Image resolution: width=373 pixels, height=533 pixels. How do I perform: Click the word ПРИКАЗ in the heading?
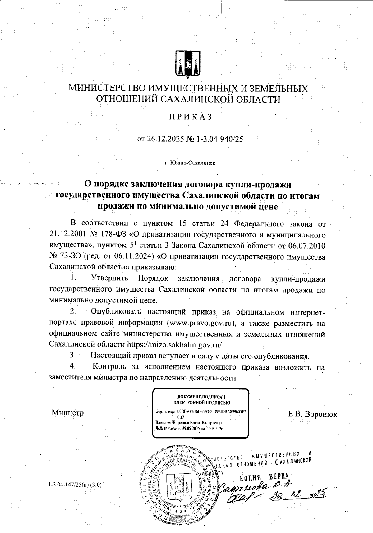click(190, 117)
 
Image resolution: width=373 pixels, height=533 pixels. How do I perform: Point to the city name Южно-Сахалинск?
click(193, 163)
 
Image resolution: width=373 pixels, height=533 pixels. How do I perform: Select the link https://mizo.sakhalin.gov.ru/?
click(176, 345)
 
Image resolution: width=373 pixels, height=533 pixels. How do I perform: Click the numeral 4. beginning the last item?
click(73, 366)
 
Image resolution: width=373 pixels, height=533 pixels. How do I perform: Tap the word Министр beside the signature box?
click(68, 413)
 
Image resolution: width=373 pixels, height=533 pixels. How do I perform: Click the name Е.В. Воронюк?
click(312, 414)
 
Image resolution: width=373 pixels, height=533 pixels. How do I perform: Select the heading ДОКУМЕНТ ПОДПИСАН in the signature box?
click(201, 397)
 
